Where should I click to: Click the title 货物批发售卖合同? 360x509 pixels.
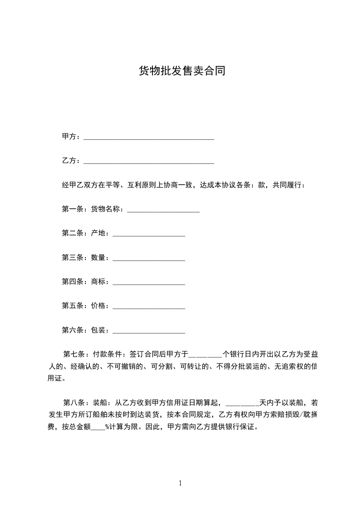tap(182, 71)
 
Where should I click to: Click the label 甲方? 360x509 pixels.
tap(69, 137)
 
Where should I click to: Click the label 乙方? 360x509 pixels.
tap(69, 161)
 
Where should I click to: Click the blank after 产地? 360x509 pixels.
tap(148, 234)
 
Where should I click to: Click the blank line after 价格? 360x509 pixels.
tap(148, 306)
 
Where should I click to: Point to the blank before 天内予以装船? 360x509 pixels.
tap(242, 403)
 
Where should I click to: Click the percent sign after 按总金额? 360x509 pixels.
tap(107, 427)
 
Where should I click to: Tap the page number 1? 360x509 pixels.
tap(180, 483)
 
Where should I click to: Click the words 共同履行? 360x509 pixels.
tap(287, 185)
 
